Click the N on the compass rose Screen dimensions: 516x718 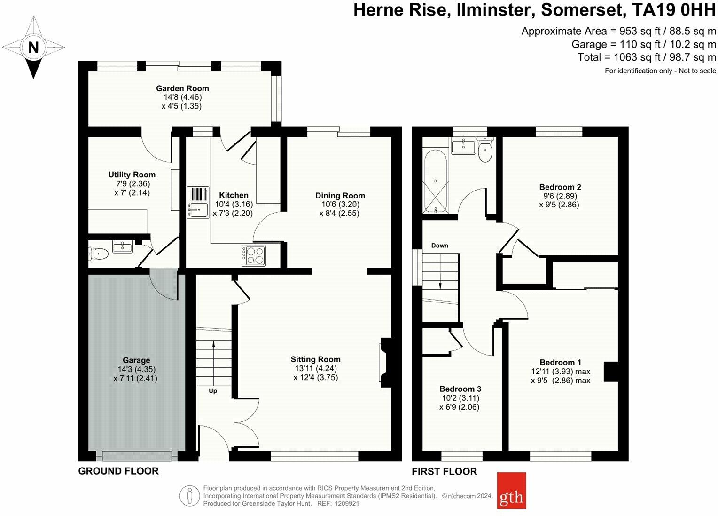[x=33, y=48]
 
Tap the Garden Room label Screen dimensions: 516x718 [x=182, y=88]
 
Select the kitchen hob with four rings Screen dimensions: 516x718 [x=254, y=256]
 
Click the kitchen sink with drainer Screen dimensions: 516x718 [x=198, y=202]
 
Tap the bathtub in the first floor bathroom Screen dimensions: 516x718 [x=435, y=182]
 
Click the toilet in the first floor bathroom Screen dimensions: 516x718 [x=485, y=151]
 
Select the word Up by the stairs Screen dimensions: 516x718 [x=213, y=391]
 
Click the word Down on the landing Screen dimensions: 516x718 [x=439, y=246]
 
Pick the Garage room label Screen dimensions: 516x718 [x=136, y=360]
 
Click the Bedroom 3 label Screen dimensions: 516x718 [x=460, y=389]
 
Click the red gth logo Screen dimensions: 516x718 [x=511, y=491]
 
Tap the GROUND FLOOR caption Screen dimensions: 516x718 [x=118, y=471]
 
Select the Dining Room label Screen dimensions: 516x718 [x=340, y=196]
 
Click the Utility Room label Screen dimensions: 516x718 [x=132, y=175]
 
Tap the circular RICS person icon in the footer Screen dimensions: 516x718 [x=189, y=496]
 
